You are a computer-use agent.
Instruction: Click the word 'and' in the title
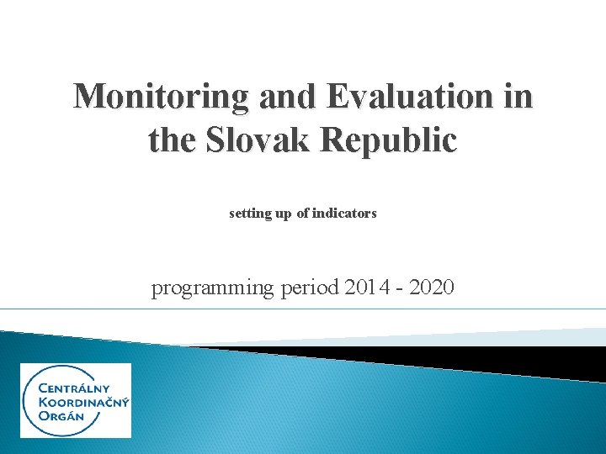(287, 98)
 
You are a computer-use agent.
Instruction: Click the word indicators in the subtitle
(344, 214)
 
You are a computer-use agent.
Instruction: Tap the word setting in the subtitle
(248, 214)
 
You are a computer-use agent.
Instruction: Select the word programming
(212, 288)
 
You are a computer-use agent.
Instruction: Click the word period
(310, 288)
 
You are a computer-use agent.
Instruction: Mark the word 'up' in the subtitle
(282, 214)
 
